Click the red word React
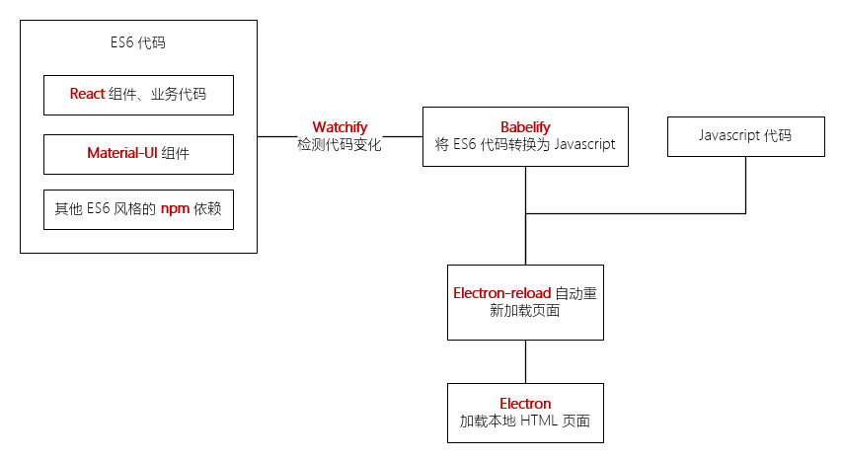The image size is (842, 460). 87,95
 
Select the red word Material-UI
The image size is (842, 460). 123,154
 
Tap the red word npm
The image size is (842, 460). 175,209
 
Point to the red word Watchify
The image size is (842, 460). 340,127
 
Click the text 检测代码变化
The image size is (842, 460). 340,145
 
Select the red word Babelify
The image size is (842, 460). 525,127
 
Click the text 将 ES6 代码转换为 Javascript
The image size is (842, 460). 525,145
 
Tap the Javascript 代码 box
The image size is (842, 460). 745,136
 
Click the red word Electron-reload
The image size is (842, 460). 501,293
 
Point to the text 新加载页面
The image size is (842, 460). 525,311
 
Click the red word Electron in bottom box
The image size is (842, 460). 525,404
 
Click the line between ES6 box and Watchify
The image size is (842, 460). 280,136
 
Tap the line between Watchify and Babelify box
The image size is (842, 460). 403,136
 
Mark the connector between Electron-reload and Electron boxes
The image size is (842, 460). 525,361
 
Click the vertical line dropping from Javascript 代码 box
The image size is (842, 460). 745,184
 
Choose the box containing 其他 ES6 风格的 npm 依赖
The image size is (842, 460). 138,209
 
